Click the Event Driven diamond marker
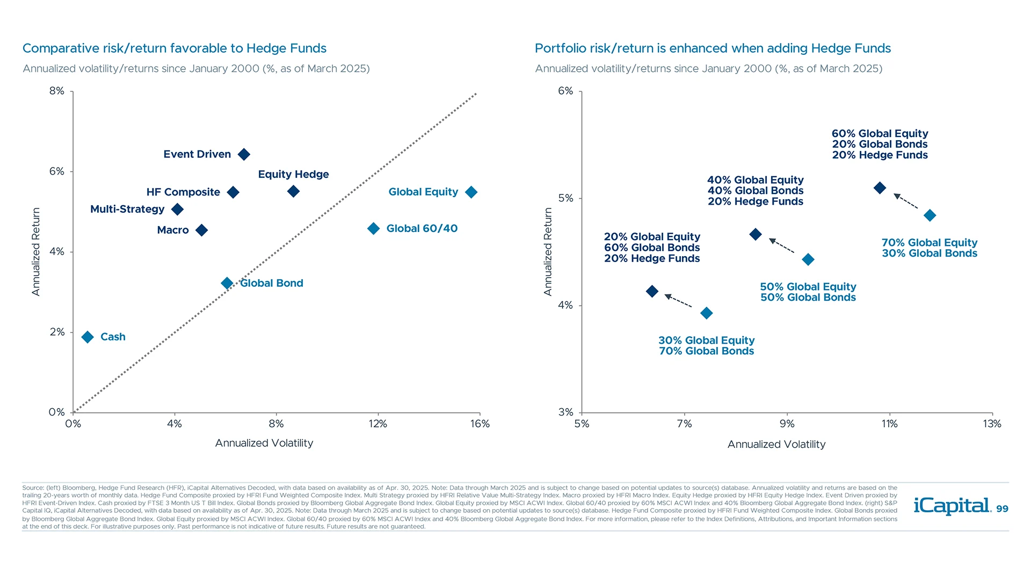click(x=244, y=155)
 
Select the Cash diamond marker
click(x=88, y=337)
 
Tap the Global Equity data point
click(x=471, y=192)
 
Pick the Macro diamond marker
click(x=201, y=230)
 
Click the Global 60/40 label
click(x=422, y=229)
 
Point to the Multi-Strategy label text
click(x=127, y=209)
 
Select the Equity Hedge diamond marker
click(x=293, y=192)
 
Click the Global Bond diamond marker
click(x=227, y=284)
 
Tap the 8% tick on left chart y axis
click(x=57, y=91)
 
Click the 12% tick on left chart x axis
click(x=378, y=424)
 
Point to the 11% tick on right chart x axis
click(x=889, y=424)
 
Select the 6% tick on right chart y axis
click(x=565, y=91)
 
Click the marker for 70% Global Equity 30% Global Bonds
click(x=930, y=216)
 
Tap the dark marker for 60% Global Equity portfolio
click(x=880, y=188)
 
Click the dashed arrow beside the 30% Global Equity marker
click(x=679, y=301)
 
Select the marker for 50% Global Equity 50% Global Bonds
click(x=808, y=260)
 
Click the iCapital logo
click(x=952, y=506)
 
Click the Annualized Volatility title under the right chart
click(x=776, y=445)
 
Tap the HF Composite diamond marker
click(x=233, y=193)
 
